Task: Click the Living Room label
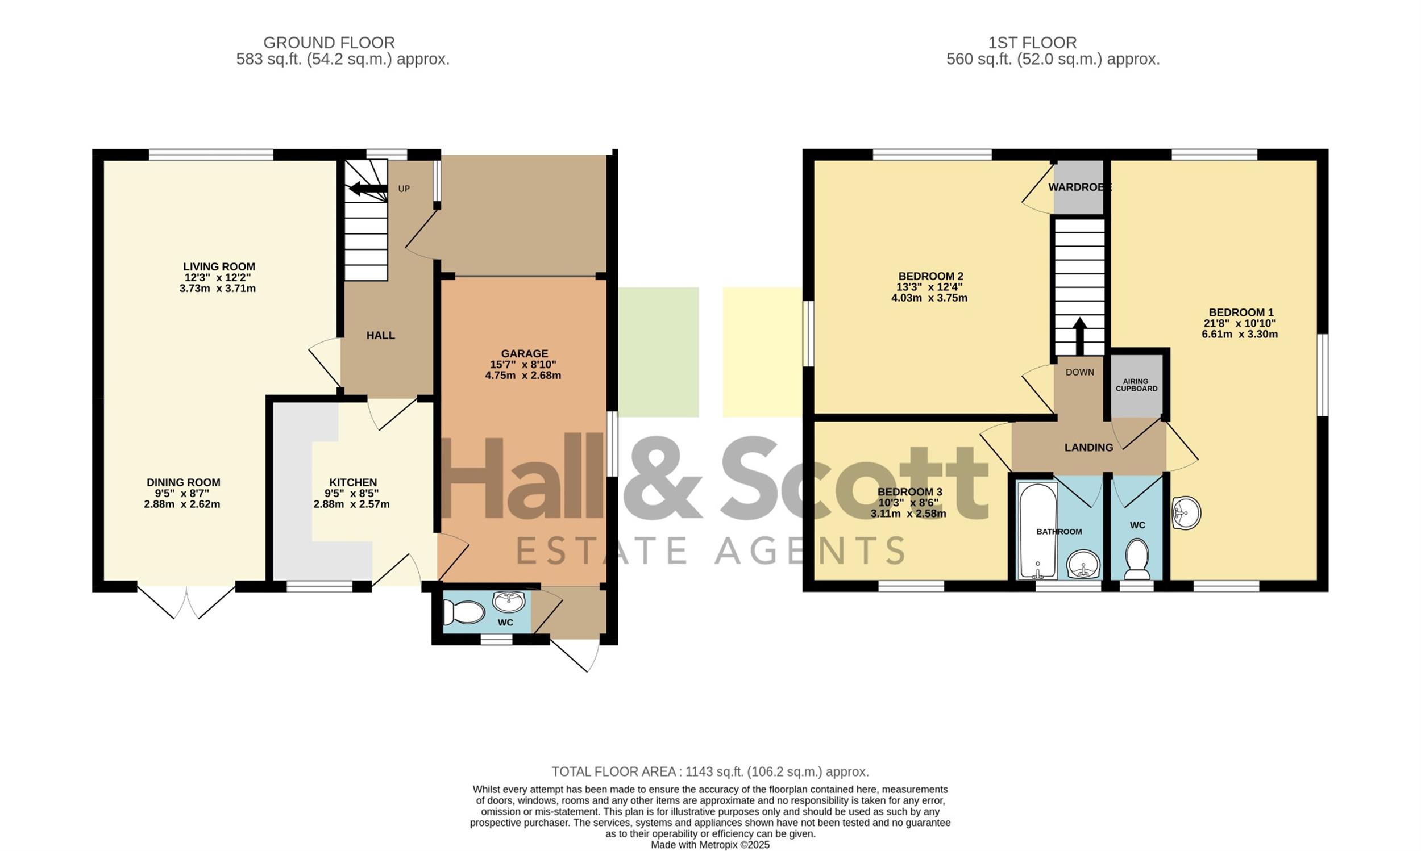pos(219,266)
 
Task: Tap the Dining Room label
pos(183,483)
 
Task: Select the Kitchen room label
pos(353,483)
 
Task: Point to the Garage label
pos(524,354)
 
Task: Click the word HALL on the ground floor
pos(380,336)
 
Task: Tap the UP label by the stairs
pos(404,189)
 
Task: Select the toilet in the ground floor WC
pos(465,612)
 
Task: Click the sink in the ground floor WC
pos(509,602)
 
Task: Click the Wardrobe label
pos(1079,187)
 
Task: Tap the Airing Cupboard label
pos(1136,385)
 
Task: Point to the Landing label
pos(1088,448)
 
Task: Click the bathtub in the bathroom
pos(1038,530)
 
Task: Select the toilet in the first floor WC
pos(1137,558)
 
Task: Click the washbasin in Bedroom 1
pos(1186,512)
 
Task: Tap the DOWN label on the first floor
pos(1079,372)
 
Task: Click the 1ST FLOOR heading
pos(1032,43)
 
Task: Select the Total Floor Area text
pos(710,772)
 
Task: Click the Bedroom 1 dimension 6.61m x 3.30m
pos(1240,334)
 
